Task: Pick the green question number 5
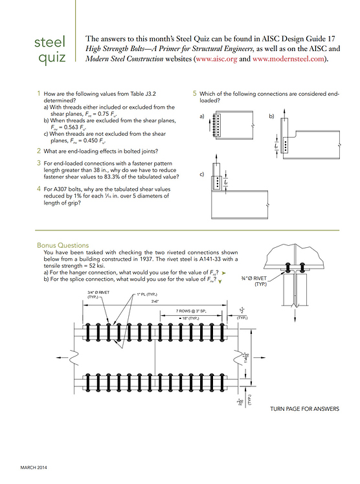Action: pyautogui.click(x=195, y=94)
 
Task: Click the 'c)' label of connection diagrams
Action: pyautogui.click(x=202, y=174)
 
